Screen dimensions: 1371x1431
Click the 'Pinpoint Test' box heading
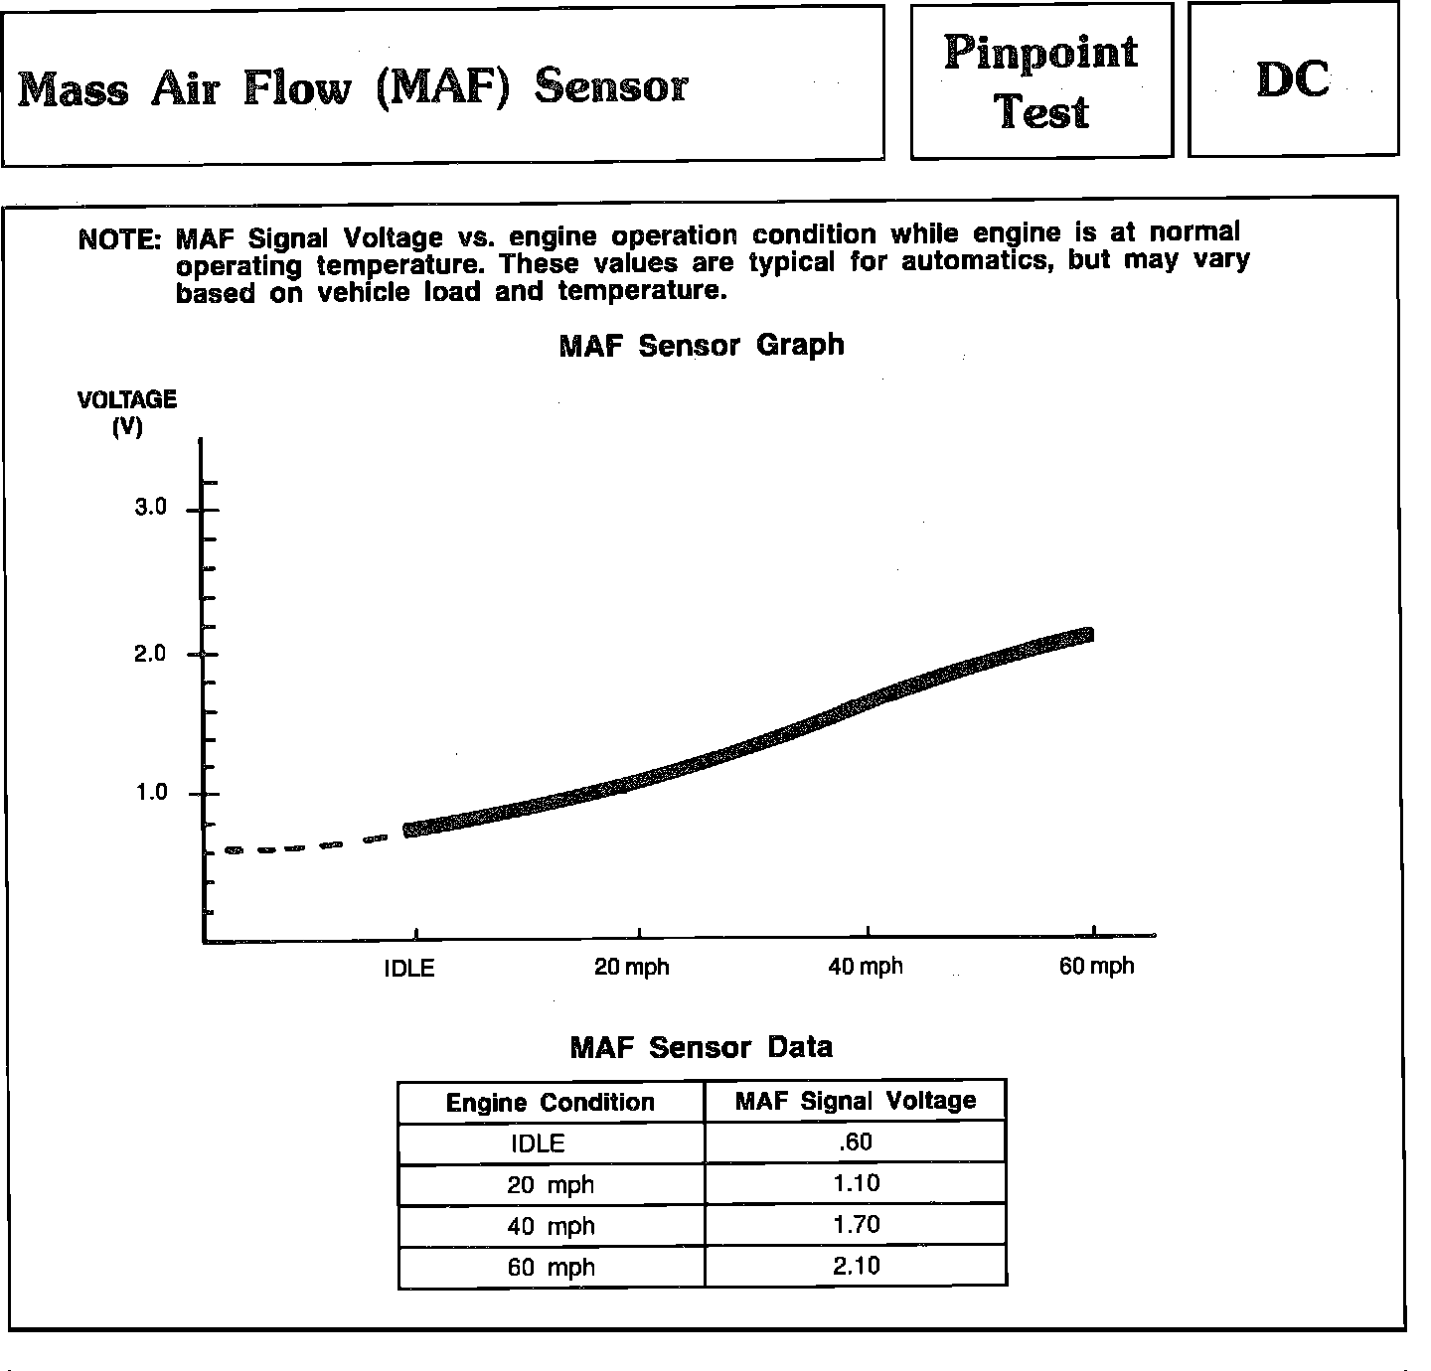(1040, 81)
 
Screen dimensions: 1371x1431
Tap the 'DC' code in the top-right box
(1293, 79)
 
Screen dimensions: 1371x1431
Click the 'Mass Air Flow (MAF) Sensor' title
(353, 87)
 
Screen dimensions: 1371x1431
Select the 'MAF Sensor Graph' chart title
(702, 346)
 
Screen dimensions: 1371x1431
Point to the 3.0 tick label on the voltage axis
(150, 508)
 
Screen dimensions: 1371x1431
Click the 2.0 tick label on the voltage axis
(150, 654)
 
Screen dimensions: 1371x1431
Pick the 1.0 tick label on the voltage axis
(150, 793)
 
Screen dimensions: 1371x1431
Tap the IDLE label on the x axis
(409, 968)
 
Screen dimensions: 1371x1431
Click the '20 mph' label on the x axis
(632, 967)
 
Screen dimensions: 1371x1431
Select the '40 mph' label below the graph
(866, 966)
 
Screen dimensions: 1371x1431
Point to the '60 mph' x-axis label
(1096, 966)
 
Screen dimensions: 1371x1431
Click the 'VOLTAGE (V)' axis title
(127, 412)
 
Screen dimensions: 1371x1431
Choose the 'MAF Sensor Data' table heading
(702, 1047)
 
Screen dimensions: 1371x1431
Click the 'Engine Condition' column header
(551, 1103)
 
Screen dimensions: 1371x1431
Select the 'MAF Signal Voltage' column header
(856, 1101)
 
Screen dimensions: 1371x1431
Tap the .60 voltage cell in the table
(856, 1142)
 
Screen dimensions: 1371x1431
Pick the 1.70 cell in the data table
(856, 1225)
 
